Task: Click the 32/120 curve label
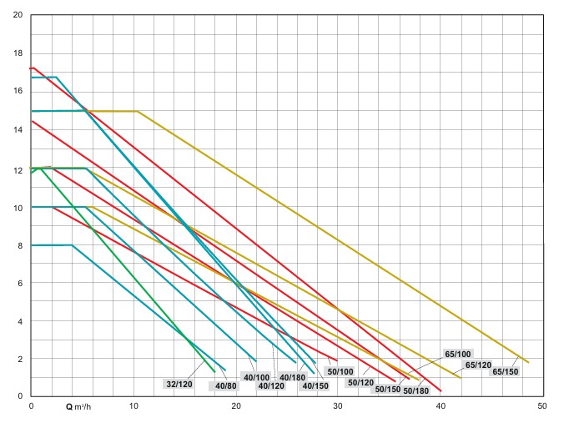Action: click(x=179, y=384)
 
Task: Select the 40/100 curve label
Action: click(x=256, y=377)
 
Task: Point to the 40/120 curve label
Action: click(x=271, y=385)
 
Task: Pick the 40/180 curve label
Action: click(x=292, y=377)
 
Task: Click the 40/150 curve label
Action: click(x=315, y=385)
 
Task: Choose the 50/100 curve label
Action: click(x=340, y=371)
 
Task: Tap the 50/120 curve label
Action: click(x=361, y=382)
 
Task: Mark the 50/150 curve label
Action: click(x=388, y=389)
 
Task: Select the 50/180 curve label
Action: click(x=415, y=390)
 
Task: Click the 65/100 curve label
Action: click(x=458, y=354)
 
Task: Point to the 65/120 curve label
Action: click(x=478, y=365)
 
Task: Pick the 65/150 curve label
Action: click(x=505, y=371)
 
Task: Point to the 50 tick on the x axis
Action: click(x=541, y=406)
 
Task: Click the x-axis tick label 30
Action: click(x=338, y=406)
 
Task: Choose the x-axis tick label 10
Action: click(x=133, y=406)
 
